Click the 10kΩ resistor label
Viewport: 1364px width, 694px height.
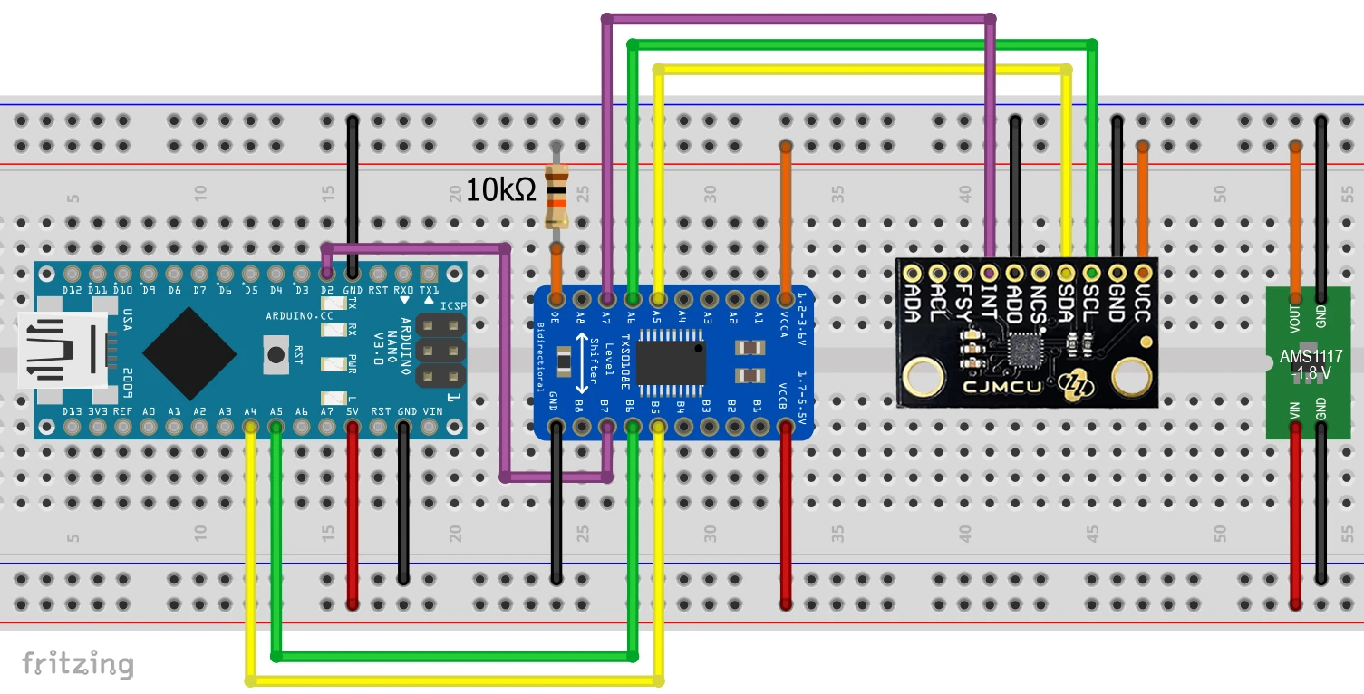tap(500, 190)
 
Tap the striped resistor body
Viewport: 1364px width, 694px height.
tap(556, 197)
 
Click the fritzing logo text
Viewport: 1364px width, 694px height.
tap(78, 663)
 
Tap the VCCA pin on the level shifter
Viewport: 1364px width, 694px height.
tap(786, 297)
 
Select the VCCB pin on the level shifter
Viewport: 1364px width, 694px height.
tap(786, 426)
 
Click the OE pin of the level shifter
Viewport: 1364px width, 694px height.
tap(556, 297)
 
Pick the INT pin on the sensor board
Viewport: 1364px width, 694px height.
tap(990, 272)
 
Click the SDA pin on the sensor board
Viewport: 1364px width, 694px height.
tap(1067, 272)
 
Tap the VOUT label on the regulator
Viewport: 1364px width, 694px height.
tap(1295, 317)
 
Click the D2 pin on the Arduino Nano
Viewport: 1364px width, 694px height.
tap(327, 273)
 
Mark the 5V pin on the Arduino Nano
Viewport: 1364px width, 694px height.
tap(353, 425)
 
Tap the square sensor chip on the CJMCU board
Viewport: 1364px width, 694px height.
tap(1026, 349)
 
